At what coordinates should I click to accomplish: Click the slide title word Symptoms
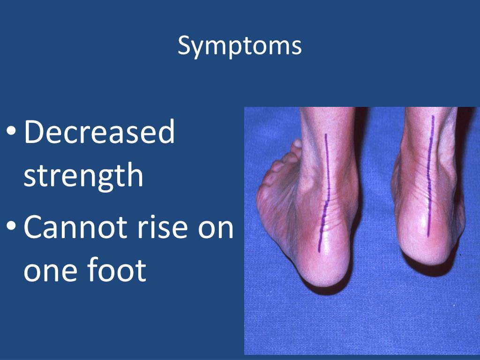click(240, 46)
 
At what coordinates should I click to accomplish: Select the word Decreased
click(99, 132)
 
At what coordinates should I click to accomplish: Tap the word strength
click(83, 176)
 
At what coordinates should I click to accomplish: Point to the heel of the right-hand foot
click(429, 248)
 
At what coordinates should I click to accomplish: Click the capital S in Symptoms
click(184, 46)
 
